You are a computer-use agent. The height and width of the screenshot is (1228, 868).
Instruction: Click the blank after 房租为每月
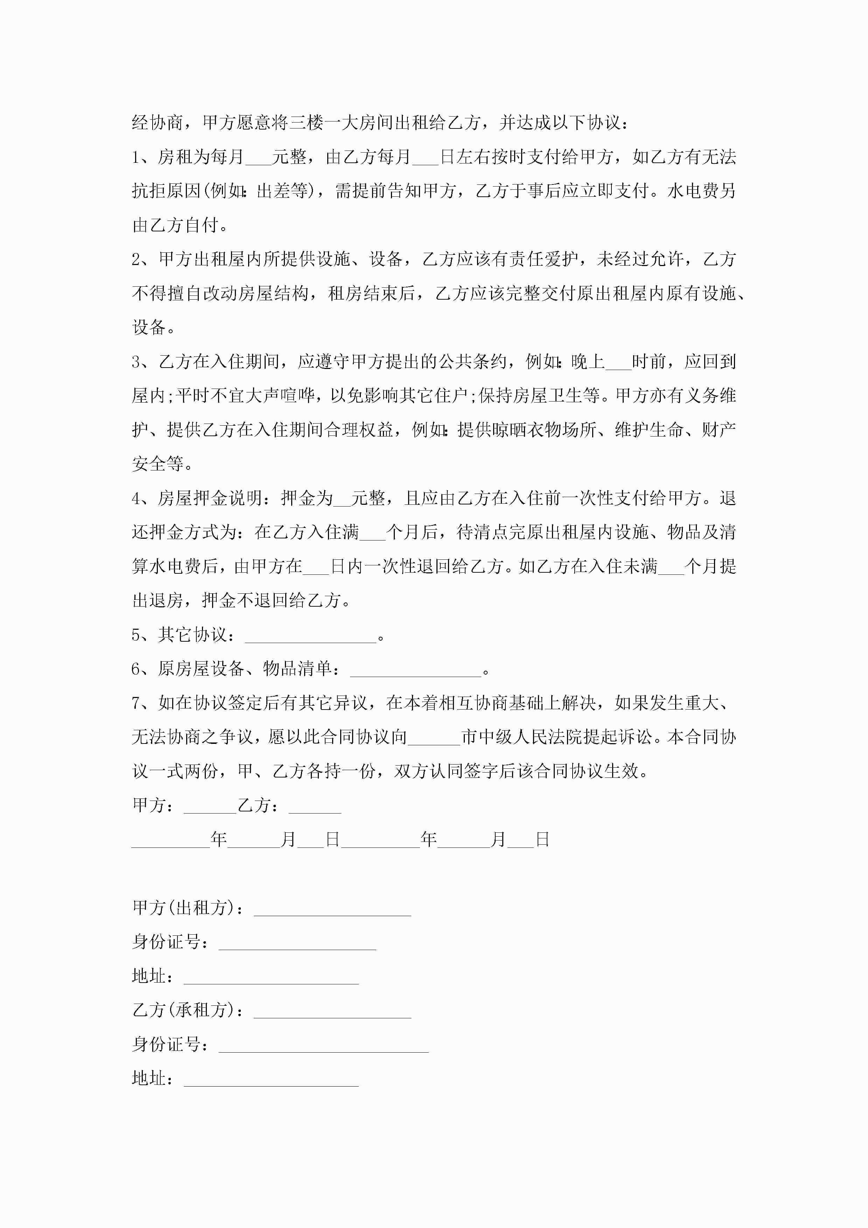(x=258, y=159)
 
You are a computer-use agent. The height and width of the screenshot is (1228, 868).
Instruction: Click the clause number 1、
(x=142, y=157)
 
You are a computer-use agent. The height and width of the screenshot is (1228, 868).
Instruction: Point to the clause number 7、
(x=142, y=703)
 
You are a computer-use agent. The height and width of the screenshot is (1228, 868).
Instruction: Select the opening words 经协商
(x=158, y=123)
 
